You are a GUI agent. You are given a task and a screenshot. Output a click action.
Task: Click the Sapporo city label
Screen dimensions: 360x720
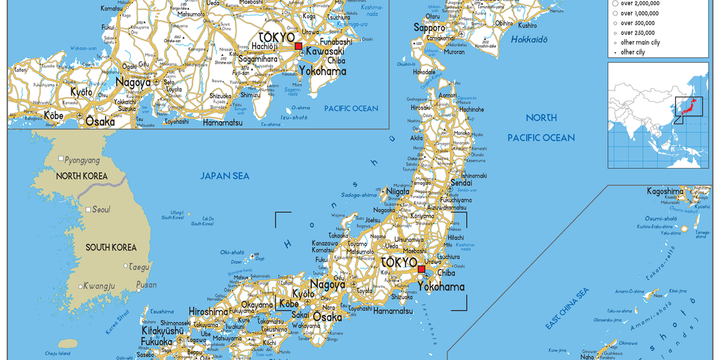point(430,28)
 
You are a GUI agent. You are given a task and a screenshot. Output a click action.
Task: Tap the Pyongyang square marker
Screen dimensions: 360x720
point(61,159)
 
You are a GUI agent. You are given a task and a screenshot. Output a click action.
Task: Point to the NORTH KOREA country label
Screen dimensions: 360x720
point(82,176)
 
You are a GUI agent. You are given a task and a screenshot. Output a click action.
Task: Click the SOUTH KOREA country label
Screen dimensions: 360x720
point(111,247)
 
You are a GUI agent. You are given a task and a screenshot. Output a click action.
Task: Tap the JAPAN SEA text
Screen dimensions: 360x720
point(225,176)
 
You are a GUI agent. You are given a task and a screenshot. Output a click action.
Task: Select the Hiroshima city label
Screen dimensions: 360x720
point(208,312)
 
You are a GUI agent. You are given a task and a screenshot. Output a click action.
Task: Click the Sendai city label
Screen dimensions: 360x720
point(460,182)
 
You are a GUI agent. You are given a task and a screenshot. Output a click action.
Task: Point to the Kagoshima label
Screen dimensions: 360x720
point(665,191)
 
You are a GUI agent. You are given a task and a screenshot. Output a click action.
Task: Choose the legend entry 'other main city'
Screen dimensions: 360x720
point(640,43)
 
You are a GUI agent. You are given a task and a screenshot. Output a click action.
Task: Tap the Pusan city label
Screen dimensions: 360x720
point(146,284)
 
